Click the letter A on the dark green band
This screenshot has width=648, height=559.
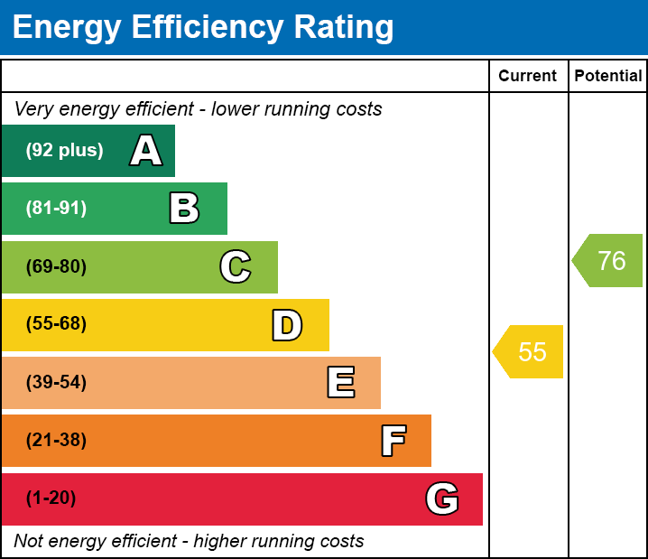[146, 151]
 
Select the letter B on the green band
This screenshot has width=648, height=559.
[184, 209]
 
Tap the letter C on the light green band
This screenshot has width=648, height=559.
[236, 266]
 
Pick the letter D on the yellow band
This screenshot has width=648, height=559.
[287, 325]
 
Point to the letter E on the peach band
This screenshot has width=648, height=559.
[340, 383]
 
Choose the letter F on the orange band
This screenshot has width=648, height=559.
[393, 441]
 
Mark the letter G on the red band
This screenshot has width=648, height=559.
[442, 498]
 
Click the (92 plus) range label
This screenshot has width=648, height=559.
[64, 151]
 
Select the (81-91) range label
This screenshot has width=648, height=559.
[56, 209]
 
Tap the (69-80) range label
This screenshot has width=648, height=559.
[56, 266]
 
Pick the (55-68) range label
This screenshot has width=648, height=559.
[56, 324]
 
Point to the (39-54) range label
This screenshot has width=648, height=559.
[56, 382]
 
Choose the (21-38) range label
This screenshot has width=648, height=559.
[56, 441]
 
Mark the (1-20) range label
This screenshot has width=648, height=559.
[51, 498]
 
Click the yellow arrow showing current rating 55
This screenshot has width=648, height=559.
[530, 351]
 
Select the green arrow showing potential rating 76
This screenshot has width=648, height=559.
[609, 261]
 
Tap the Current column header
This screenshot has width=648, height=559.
[528, 77]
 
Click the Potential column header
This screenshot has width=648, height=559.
[608, 77]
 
